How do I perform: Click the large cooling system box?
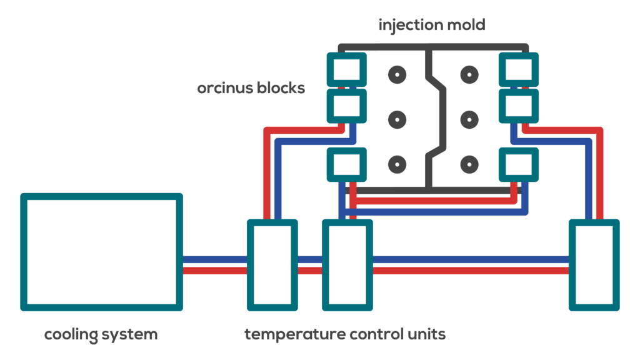pos(101,252)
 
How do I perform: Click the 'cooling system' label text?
pos(101,334)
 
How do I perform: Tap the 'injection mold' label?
pos(432,26)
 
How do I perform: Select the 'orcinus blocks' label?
pos(251,87)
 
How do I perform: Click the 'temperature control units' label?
pos(345,334)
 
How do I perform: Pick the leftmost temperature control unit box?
pos(272,264)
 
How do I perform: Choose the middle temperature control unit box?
pos(347,264)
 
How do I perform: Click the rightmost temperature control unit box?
pos(594,264)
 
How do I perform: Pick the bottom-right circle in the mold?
pos(468,165)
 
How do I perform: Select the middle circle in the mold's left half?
pos(396,119)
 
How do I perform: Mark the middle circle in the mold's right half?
pos(468,119)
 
